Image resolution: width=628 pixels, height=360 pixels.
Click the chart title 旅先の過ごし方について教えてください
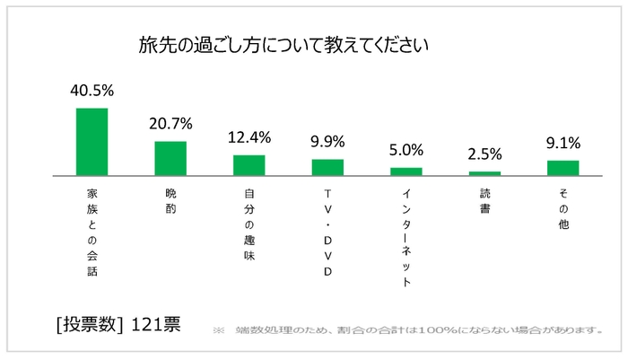(282, 44)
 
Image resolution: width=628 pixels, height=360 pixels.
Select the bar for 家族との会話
(92, 142)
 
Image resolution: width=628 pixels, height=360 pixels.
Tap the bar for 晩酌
(170, 158)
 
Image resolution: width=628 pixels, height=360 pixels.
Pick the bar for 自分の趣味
(249, 165)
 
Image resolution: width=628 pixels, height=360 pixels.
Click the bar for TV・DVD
(327, 167)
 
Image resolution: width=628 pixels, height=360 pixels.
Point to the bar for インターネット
(406, 171)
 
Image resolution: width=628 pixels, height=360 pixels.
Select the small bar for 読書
(484, 172)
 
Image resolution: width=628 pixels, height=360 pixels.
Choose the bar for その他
(563, 167)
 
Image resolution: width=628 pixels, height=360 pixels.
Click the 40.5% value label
(92, 91)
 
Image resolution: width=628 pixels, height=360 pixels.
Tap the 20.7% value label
(170, 124)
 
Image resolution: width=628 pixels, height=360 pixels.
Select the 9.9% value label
(327, 142)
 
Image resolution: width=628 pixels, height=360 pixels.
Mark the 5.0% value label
(406, 150)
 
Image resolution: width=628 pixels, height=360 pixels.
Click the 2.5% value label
(484, 154)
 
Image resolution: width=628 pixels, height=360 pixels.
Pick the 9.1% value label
(563, 142)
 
